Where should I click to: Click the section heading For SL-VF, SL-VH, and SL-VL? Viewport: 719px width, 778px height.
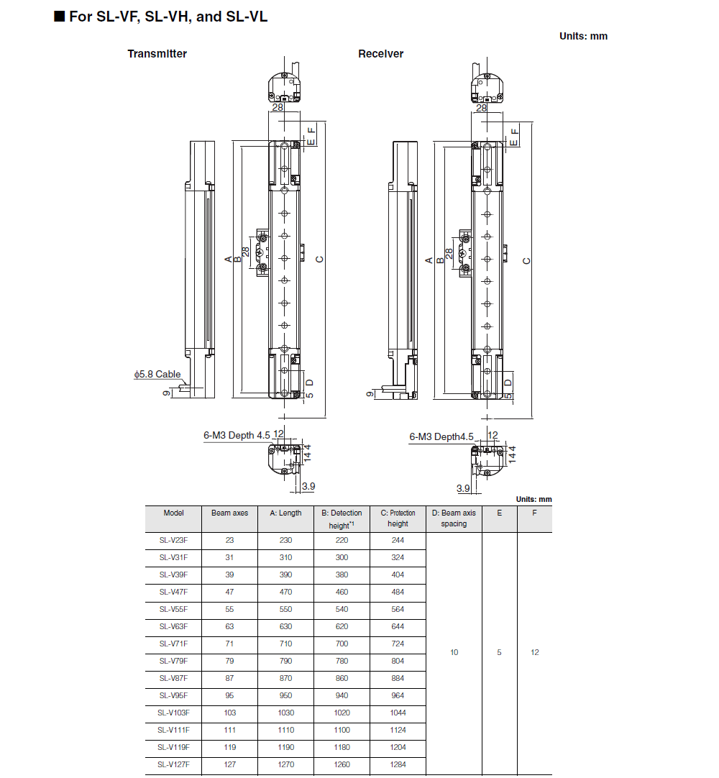point(161,17)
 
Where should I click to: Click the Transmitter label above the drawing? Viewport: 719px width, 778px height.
point(157,54)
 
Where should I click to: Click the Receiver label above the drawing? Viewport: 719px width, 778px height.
point(380,54)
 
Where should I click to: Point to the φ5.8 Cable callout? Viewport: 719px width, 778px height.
point(157,374)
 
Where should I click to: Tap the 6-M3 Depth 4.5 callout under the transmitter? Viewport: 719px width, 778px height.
point(237,435)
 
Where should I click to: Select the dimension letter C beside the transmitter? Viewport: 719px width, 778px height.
point(320,260)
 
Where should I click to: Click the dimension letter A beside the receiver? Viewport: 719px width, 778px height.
point(429,260)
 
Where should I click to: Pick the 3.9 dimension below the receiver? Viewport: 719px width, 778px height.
point(463,488)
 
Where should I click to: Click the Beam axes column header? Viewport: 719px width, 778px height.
point(229,513)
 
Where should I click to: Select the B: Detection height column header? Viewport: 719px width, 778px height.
point(342,518)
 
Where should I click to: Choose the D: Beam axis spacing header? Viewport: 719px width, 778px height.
point(454,518)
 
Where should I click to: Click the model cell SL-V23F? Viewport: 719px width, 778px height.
point(173,541)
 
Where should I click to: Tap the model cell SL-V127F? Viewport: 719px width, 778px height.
point(173,765)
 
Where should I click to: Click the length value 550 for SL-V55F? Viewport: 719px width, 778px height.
point(285,610)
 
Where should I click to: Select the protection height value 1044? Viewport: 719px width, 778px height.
point(398,713)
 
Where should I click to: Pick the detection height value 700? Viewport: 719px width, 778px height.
point(342,644)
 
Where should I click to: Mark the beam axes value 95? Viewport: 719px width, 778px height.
point(229,696)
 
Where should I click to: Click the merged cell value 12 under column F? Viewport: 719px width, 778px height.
point(534,653)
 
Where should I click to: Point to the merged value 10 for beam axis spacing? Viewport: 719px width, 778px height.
point(454,653)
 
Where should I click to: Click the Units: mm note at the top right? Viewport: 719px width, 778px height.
point(583,36)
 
